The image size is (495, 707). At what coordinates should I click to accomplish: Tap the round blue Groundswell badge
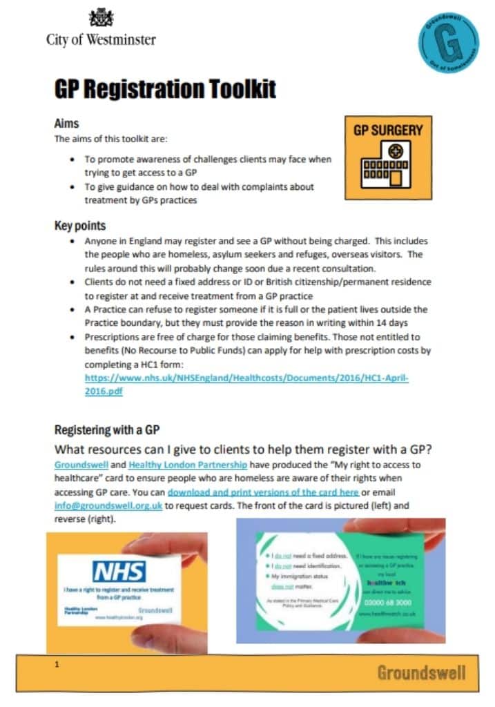(448, 43)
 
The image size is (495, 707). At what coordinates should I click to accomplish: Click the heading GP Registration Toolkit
(165, 89)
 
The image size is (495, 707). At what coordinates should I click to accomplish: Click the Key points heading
(80, 226)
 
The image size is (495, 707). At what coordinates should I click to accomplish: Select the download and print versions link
(263, 492)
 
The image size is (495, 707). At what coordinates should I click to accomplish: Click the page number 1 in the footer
(57, 665)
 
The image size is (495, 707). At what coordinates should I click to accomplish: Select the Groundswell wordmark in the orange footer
(421, 672)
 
